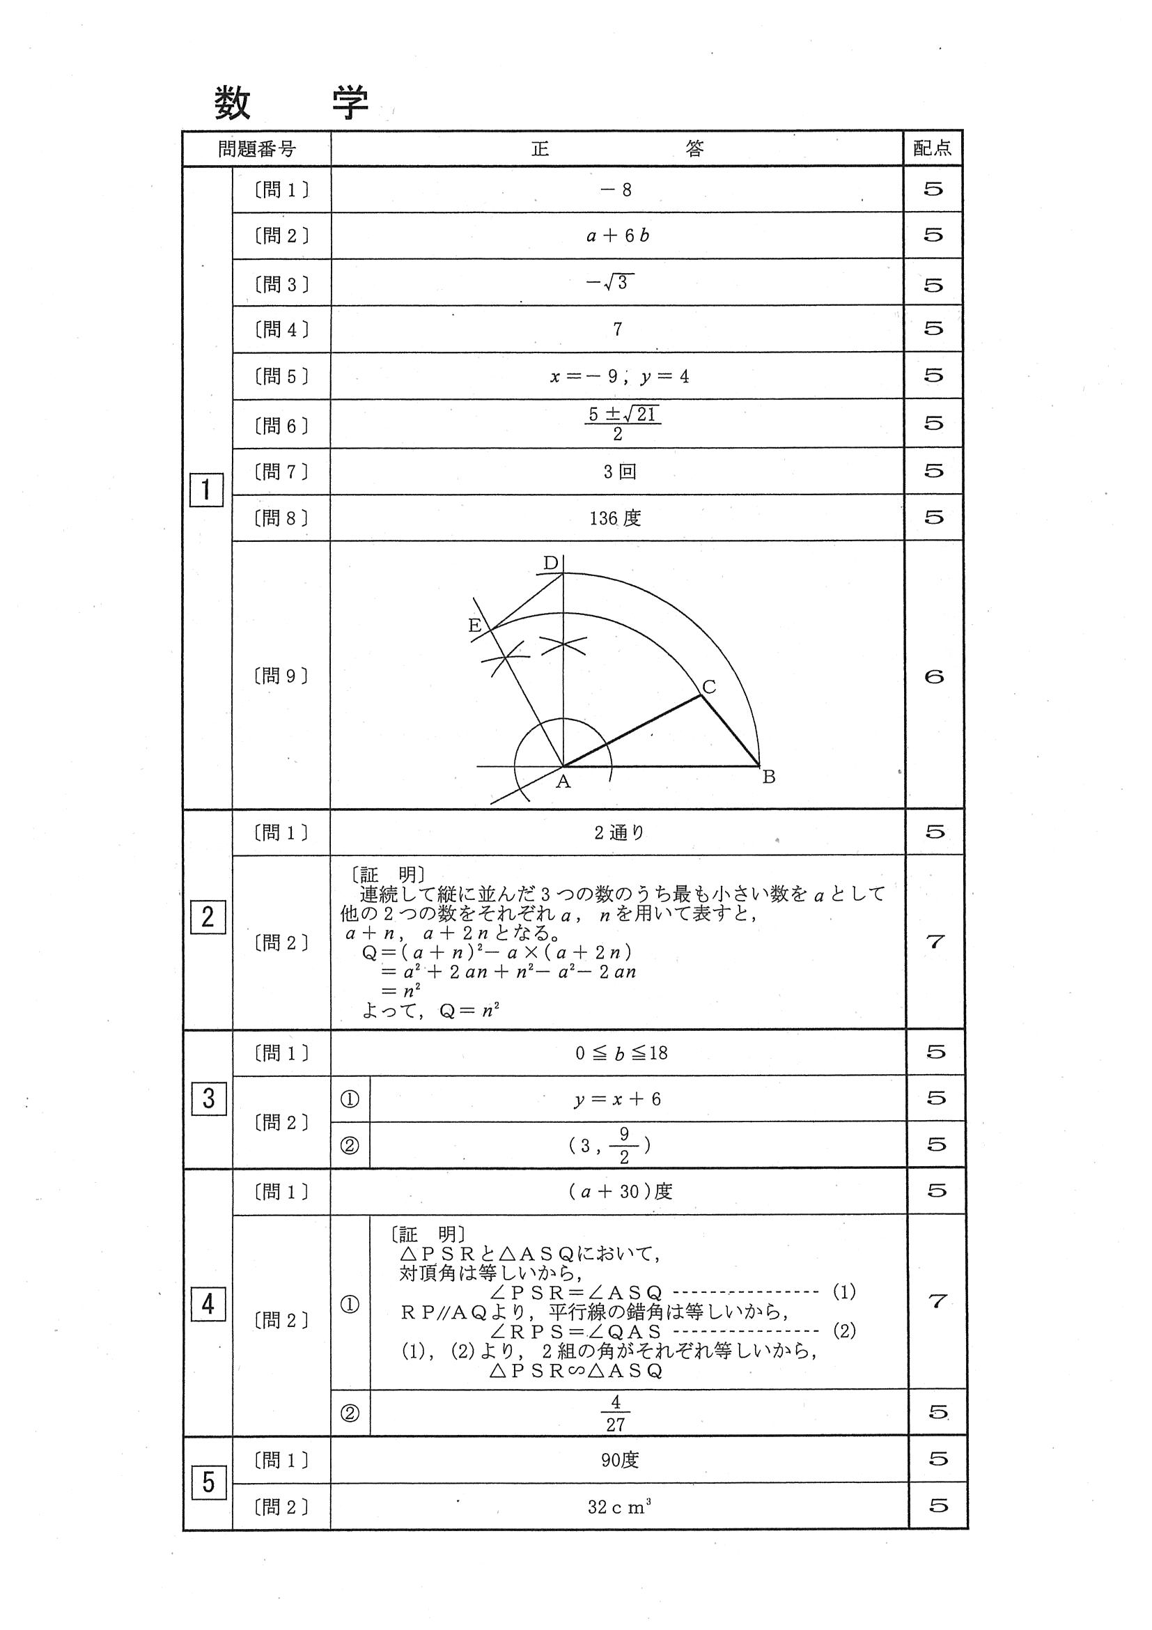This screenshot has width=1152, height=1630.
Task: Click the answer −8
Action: pyautogui.click(x=616, y=190)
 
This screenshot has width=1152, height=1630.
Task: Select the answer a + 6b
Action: pyautogui.click(x=618, y=236)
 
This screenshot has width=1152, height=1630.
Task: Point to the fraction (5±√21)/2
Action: pyautogui.click(x=623, y=423)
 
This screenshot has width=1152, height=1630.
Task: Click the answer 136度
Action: pyautogui.click(x=615, y=518)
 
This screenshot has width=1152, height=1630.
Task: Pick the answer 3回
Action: pyautogui.click(x=619, y=472)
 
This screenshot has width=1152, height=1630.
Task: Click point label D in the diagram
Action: pyautogui.click(x=551, y=564)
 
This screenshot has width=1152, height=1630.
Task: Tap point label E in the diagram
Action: pyautogui.click(x=475, y=626)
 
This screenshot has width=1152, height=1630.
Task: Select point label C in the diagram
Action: pyautogui.click(x=708, y=687)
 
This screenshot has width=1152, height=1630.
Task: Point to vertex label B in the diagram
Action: pyautogui.click(x=769, y=777)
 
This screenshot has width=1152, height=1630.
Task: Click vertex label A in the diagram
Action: pyautogui.click(x=563, y=782)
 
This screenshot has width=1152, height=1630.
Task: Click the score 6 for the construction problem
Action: pyautogui.click(x=934, y=677)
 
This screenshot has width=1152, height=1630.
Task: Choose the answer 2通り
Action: pyautogui.click(x=619, y=832)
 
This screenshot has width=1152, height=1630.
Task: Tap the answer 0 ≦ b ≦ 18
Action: pyautogui.click(x=621, y=1053)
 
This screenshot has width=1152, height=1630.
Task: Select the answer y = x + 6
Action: pyautogui.click(x=618, y=1100)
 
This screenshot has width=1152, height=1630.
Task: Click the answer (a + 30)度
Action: pyautogui.click(x=620, y=1191)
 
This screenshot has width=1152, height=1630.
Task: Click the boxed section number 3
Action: pyautogui.click(x=208, y=1099)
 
